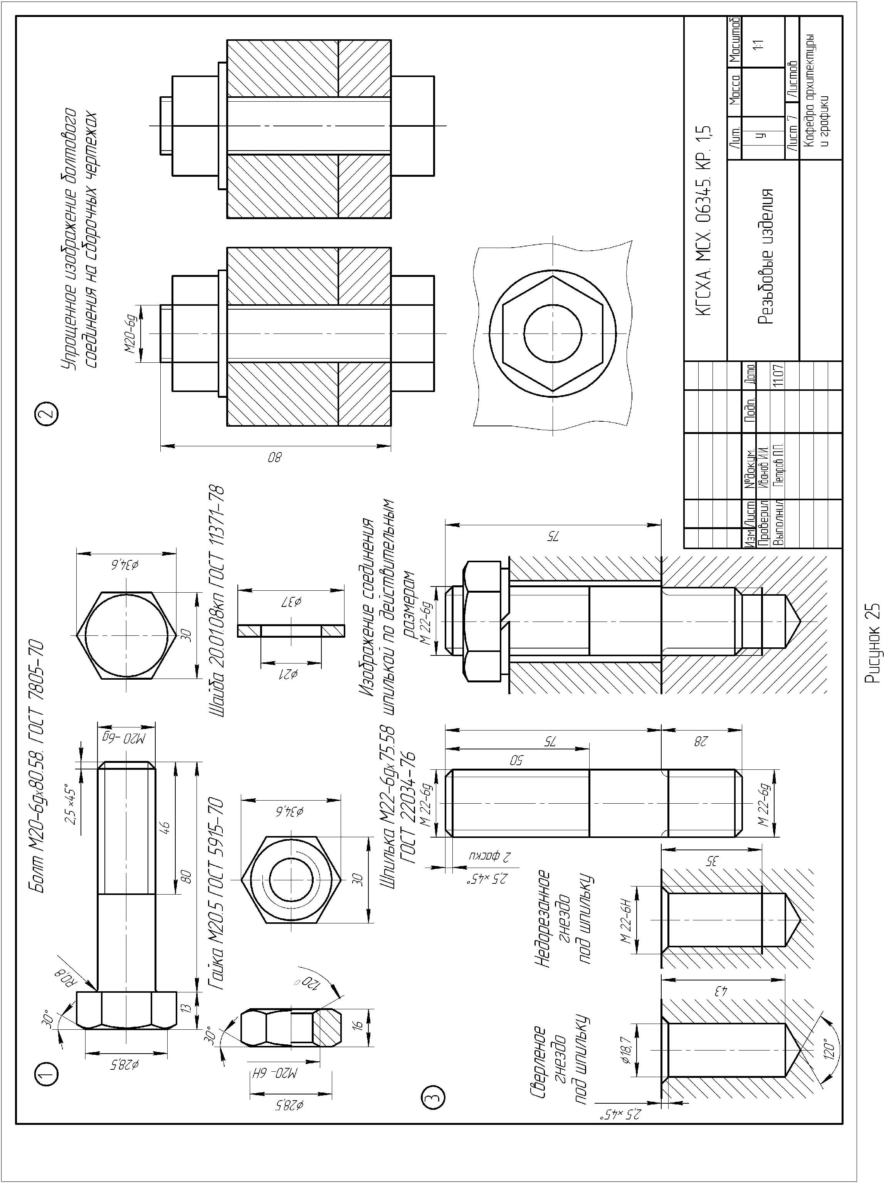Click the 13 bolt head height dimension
pyautogui.click(x=186, y=1008)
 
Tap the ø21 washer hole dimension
pyautogui.click(x=291, y=674)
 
